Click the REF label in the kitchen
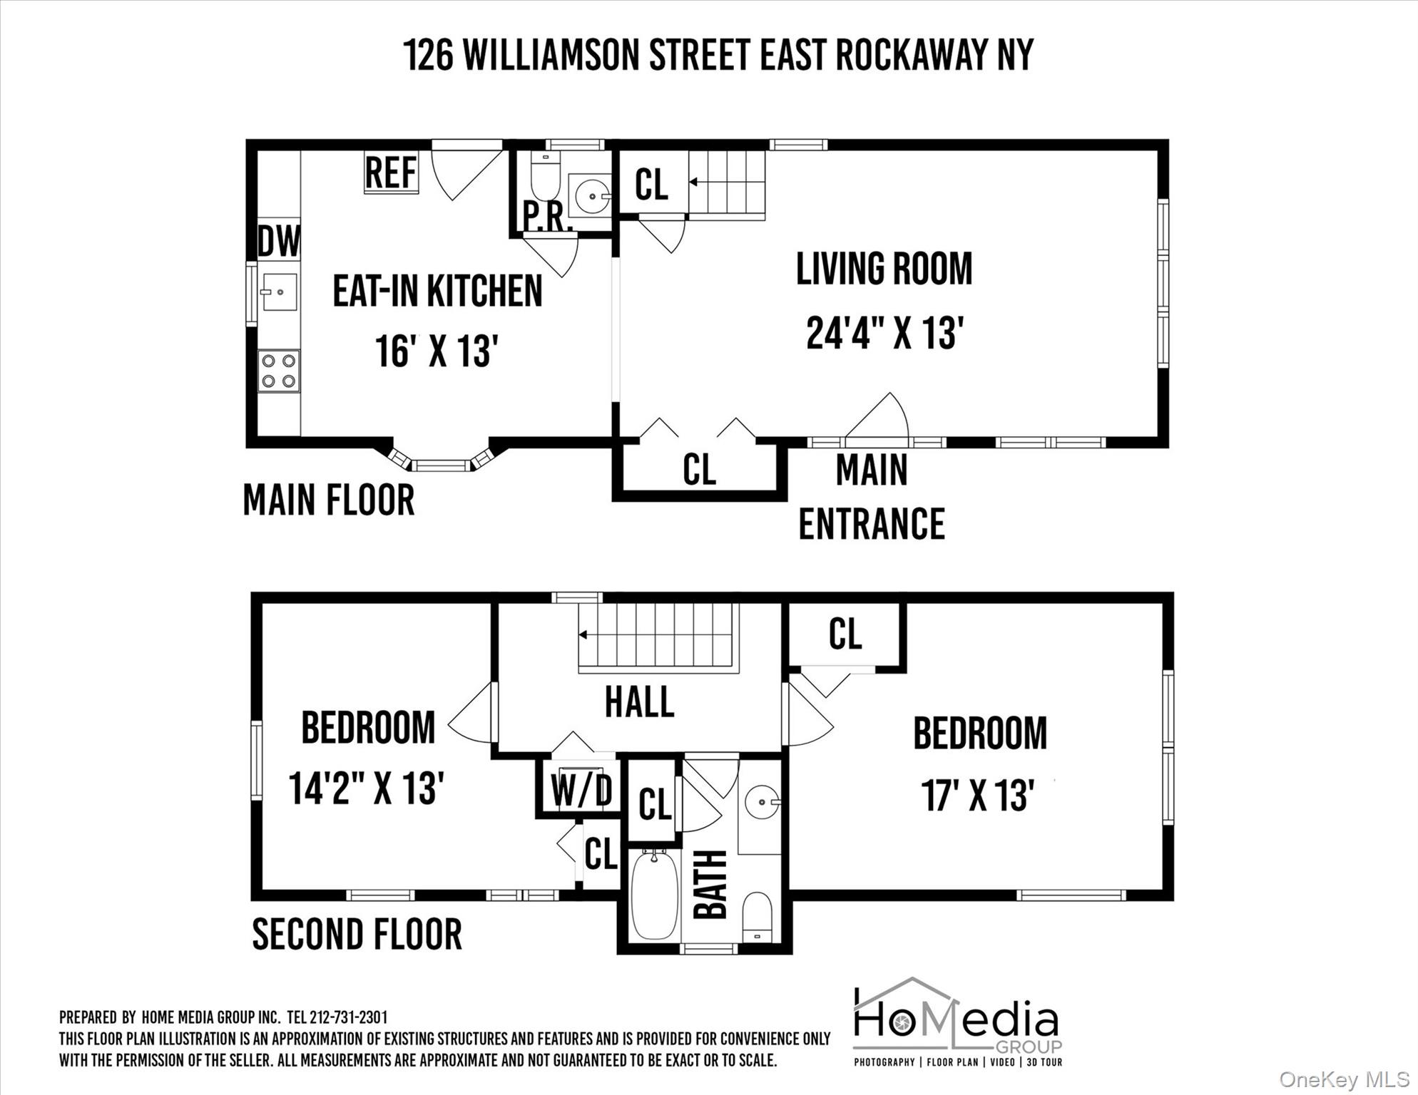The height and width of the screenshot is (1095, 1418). point(391,172)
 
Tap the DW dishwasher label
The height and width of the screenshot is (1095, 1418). point(278,241)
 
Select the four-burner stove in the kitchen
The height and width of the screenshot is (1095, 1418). point(279,371)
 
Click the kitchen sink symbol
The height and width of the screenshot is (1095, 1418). point(279,292)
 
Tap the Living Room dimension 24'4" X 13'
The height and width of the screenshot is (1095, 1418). point(884,333)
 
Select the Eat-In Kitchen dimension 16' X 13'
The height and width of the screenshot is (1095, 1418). point(436,351)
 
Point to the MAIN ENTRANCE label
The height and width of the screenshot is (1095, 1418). point(871,498)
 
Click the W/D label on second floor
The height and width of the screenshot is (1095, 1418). point(581,791)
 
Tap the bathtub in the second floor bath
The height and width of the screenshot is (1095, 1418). point(655,895)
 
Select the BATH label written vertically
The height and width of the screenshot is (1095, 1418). point(710,885)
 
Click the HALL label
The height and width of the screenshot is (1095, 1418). point(639,702)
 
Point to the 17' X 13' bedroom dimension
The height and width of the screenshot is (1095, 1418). point(977,796)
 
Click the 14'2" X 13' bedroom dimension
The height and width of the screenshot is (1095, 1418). point(367,788)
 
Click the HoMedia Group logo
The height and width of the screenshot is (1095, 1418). point(957,1022)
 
